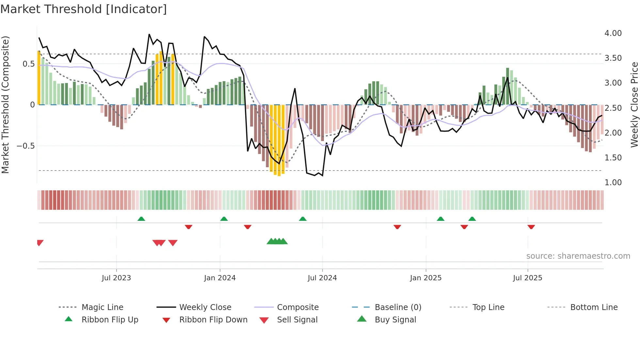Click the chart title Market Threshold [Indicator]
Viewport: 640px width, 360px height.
click(x=84, y=9)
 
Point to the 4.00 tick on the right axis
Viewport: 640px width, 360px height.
click(x=613, y=33)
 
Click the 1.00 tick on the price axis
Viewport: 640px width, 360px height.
click(x=613, y=183)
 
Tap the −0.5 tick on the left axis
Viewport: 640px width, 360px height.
click(x=26, y=146)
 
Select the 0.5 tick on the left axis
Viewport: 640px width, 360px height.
click(x=28, y=64)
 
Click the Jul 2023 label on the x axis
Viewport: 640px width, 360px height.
click(x=116, y=278)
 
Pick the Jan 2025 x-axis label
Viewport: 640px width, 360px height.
click(x=425, y=278)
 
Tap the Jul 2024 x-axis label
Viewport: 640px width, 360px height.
click(x=322, y=278)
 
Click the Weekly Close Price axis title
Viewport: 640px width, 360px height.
click(x=634, y=105)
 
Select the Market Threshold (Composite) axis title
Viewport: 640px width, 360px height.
click(x=5, y=105)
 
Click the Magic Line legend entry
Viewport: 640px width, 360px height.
click(x=102, y=307)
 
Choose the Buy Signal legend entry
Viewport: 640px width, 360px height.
click(x=395, y=320)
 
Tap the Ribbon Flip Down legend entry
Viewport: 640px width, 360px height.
click(x=213, y=320)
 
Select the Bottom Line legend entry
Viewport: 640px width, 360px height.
click(x=594, y=307)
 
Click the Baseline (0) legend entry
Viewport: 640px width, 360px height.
click(x=398, y=307)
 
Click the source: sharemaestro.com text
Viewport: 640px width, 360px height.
click(x=578, y=256)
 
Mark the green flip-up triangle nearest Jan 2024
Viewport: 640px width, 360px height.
click(x=224, y=219)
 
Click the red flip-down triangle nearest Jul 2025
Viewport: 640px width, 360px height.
click(x=531, y=227)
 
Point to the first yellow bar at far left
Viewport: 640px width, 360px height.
click(x=39, y=78)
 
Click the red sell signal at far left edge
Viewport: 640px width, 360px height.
click(x=40, y=242)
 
